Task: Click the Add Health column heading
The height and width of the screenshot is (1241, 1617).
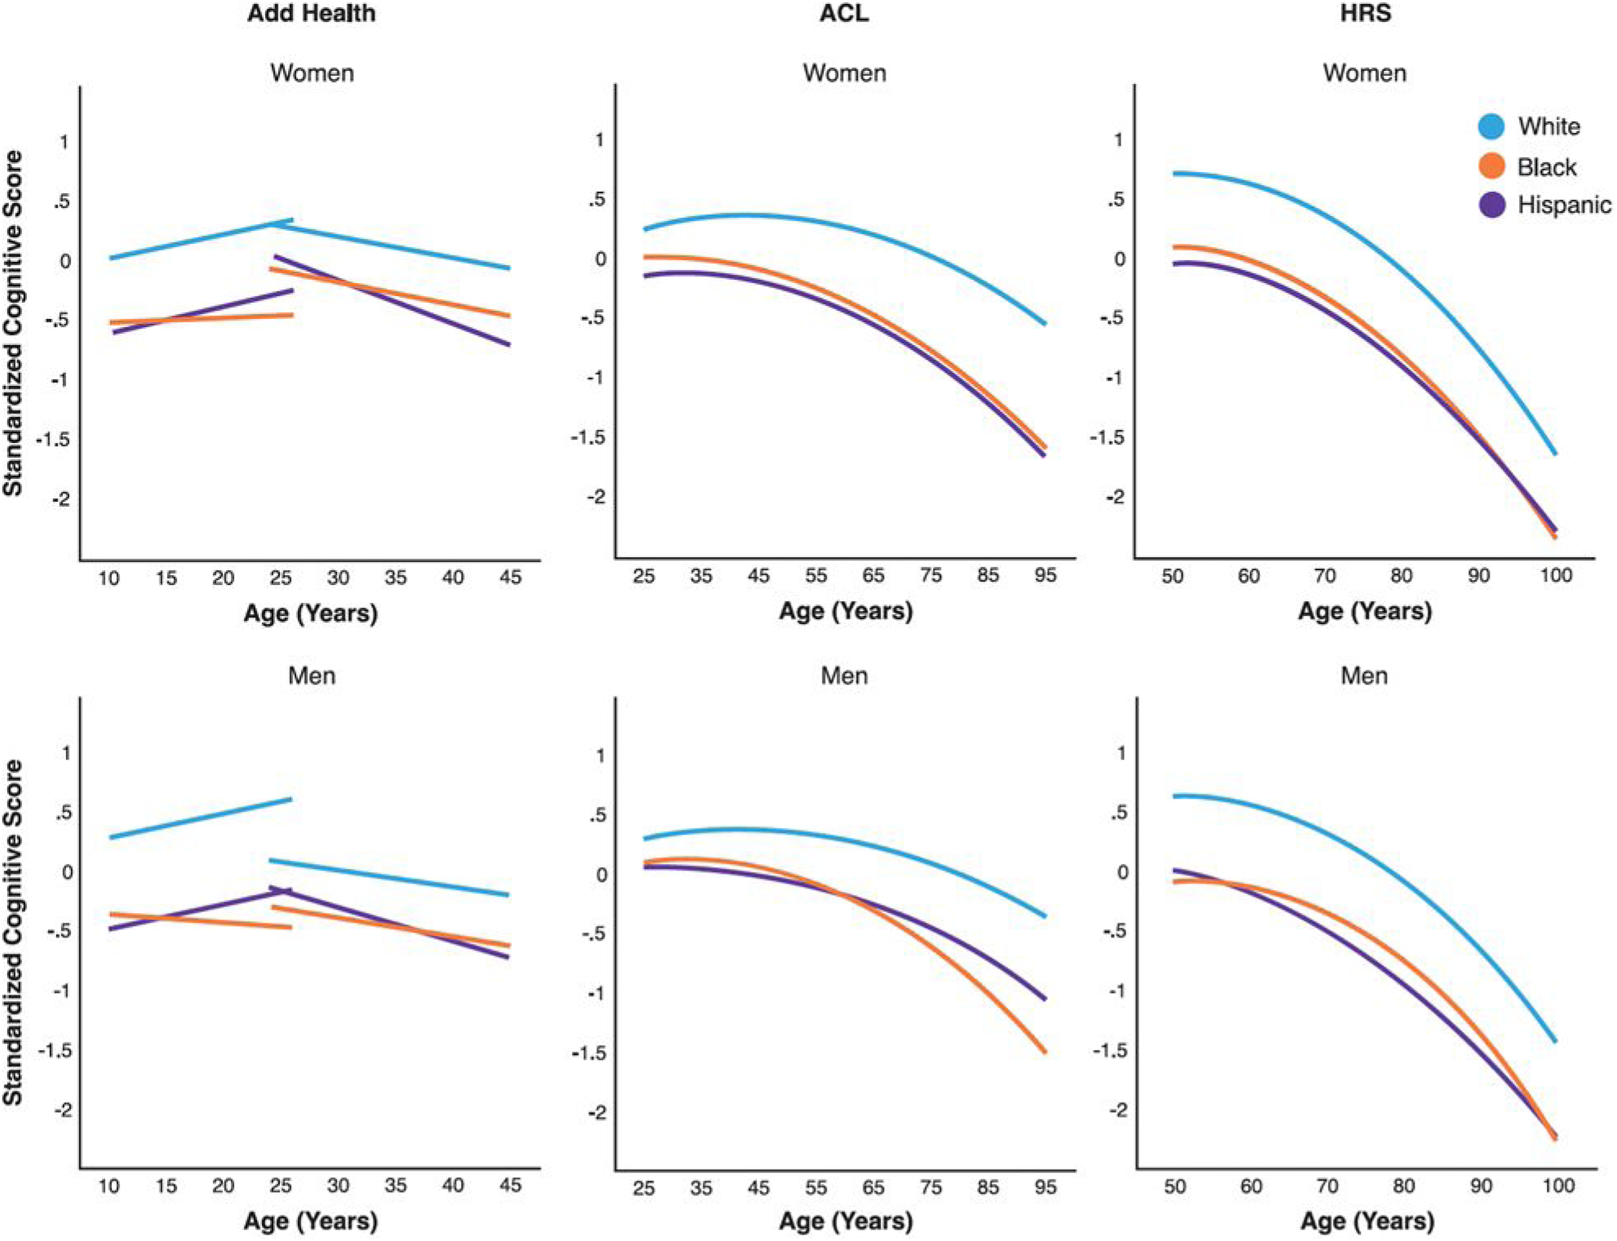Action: point(311,14)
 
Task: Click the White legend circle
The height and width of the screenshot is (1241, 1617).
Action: point(1492,126)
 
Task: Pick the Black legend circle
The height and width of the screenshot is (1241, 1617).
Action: point(1492,166)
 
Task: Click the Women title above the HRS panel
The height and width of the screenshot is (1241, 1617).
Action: point(1364,73)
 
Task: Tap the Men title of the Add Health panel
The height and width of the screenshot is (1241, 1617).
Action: point(312,676)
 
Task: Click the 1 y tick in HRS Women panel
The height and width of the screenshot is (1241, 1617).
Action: point(1119,140)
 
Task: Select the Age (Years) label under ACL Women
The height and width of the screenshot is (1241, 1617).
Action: point(845,611)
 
